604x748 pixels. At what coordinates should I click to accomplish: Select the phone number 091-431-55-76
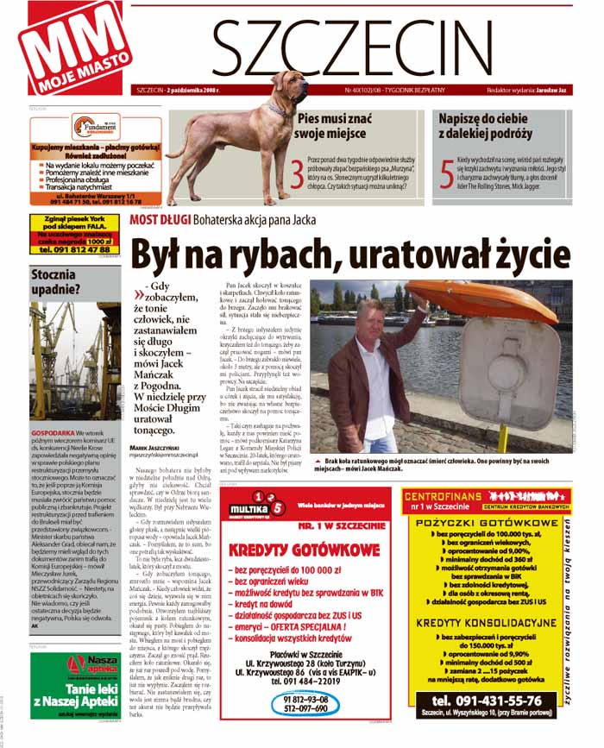pos(487,701)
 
